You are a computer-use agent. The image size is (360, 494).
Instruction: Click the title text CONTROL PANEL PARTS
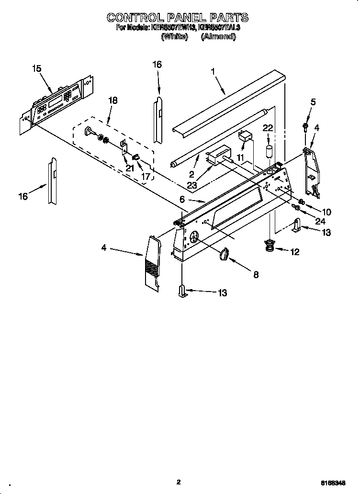pos(178,18)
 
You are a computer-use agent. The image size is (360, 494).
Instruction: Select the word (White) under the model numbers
pos(174,36)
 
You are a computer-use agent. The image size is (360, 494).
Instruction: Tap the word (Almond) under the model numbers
pos(218,36)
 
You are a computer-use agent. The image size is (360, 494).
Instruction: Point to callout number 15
pos(37,68)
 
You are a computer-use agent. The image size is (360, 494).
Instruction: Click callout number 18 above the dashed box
pos(113,101)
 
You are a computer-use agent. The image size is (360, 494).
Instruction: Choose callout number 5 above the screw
pos(313,101)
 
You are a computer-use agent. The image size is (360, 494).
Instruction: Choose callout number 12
pos(294,252)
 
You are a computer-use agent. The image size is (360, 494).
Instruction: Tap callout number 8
pos(256,274)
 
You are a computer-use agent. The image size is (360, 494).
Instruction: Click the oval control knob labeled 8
pos(224,255)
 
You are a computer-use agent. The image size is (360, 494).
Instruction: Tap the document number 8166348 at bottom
pos(340,483)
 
